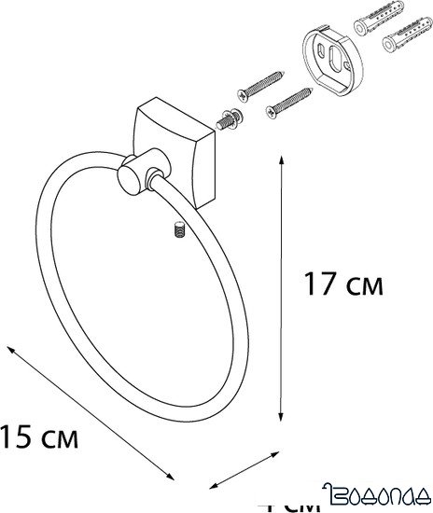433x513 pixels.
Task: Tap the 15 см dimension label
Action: (38, 434)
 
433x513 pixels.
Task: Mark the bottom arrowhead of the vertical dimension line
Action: (282, 423)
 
